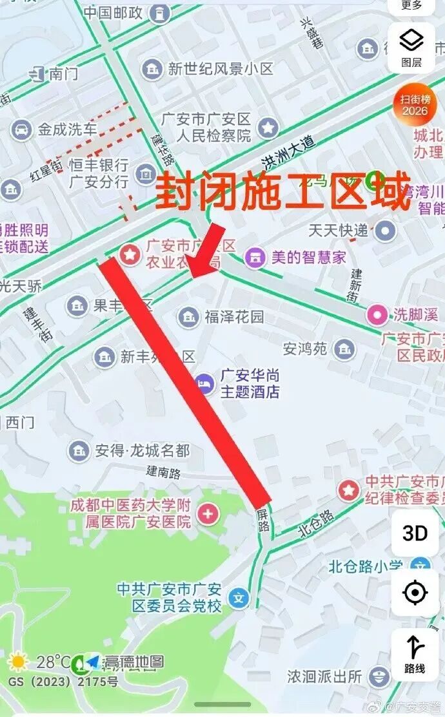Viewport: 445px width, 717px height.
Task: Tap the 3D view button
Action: point(415,533)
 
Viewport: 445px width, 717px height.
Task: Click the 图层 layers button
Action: point(411,48)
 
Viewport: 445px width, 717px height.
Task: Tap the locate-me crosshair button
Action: point(415,593)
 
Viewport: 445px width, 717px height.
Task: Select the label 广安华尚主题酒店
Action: point(250,383)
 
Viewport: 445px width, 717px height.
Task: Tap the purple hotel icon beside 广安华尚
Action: point(205,383)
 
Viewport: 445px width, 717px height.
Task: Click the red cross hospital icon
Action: point(208,513)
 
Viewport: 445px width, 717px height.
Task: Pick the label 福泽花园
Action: point(234,316)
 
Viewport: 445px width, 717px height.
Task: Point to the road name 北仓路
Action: point(317,524)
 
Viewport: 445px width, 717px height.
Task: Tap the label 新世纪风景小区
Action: point(221,69)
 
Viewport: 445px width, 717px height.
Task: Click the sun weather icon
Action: point(17,662)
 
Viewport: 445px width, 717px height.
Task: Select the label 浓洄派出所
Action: point(324,677)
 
